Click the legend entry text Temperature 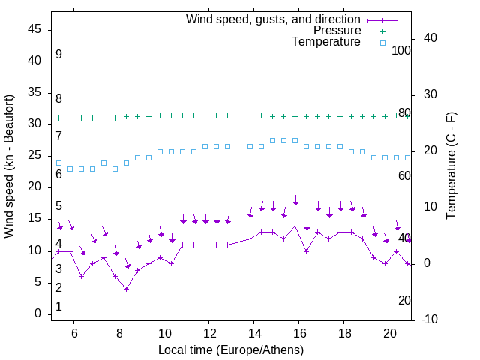coord(326,42)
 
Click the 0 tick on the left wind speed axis coord(39,313)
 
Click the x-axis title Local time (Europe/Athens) coord(231,349)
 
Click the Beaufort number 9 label coord(58,55)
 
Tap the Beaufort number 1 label coord(58,307)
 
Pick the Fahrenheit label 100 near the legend coord(401,50)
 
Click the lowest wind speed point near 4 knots coord(127,289)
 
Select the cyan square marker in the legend coord(382,43)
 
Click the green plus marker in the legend coord(382,31)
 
